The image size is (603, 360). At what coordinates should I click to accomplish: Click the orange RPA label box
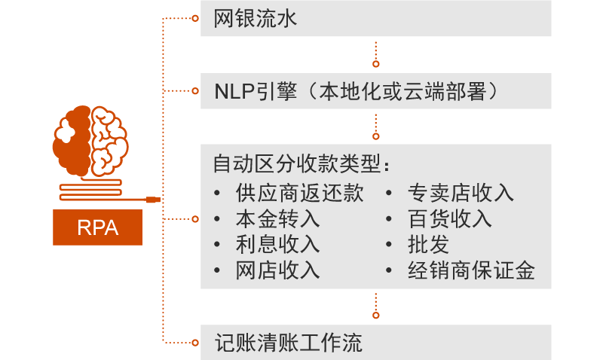[98, 227]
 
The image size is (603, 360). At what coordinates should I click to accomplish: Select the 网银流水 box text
[256, 19]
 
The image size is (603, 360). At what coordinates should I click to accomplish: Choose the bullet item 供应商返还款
[299, 193]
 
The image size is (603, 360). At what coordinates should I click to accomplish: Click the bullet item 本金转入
[277, 218]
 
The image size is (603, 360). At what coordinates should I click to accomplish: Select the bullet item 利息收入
[277, 244]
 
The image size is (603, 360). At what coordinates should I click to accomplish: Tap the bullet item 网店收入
[277, 270]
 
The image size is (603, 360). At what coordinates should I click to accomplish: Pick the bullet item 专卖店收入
[461, 193]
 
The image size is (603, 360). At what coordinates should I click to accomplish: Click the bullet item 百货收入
[449, 218]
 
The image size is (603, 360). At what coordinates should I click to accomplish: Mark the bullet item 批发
[428, 244]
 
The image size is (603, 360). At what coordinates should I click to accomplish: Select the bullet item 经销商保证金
[471, 270]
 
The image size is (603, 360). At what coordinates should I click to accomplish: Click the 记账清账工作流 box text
[288, 343]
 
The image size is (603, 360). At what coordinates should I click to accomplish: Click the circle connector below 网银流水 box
[376, 63]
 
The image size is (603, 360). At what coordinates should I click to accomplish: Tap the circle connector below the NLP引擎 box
[376, 136]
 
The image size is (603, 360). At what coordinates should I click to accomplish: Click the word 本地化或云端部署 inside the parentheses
[407, 92]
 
